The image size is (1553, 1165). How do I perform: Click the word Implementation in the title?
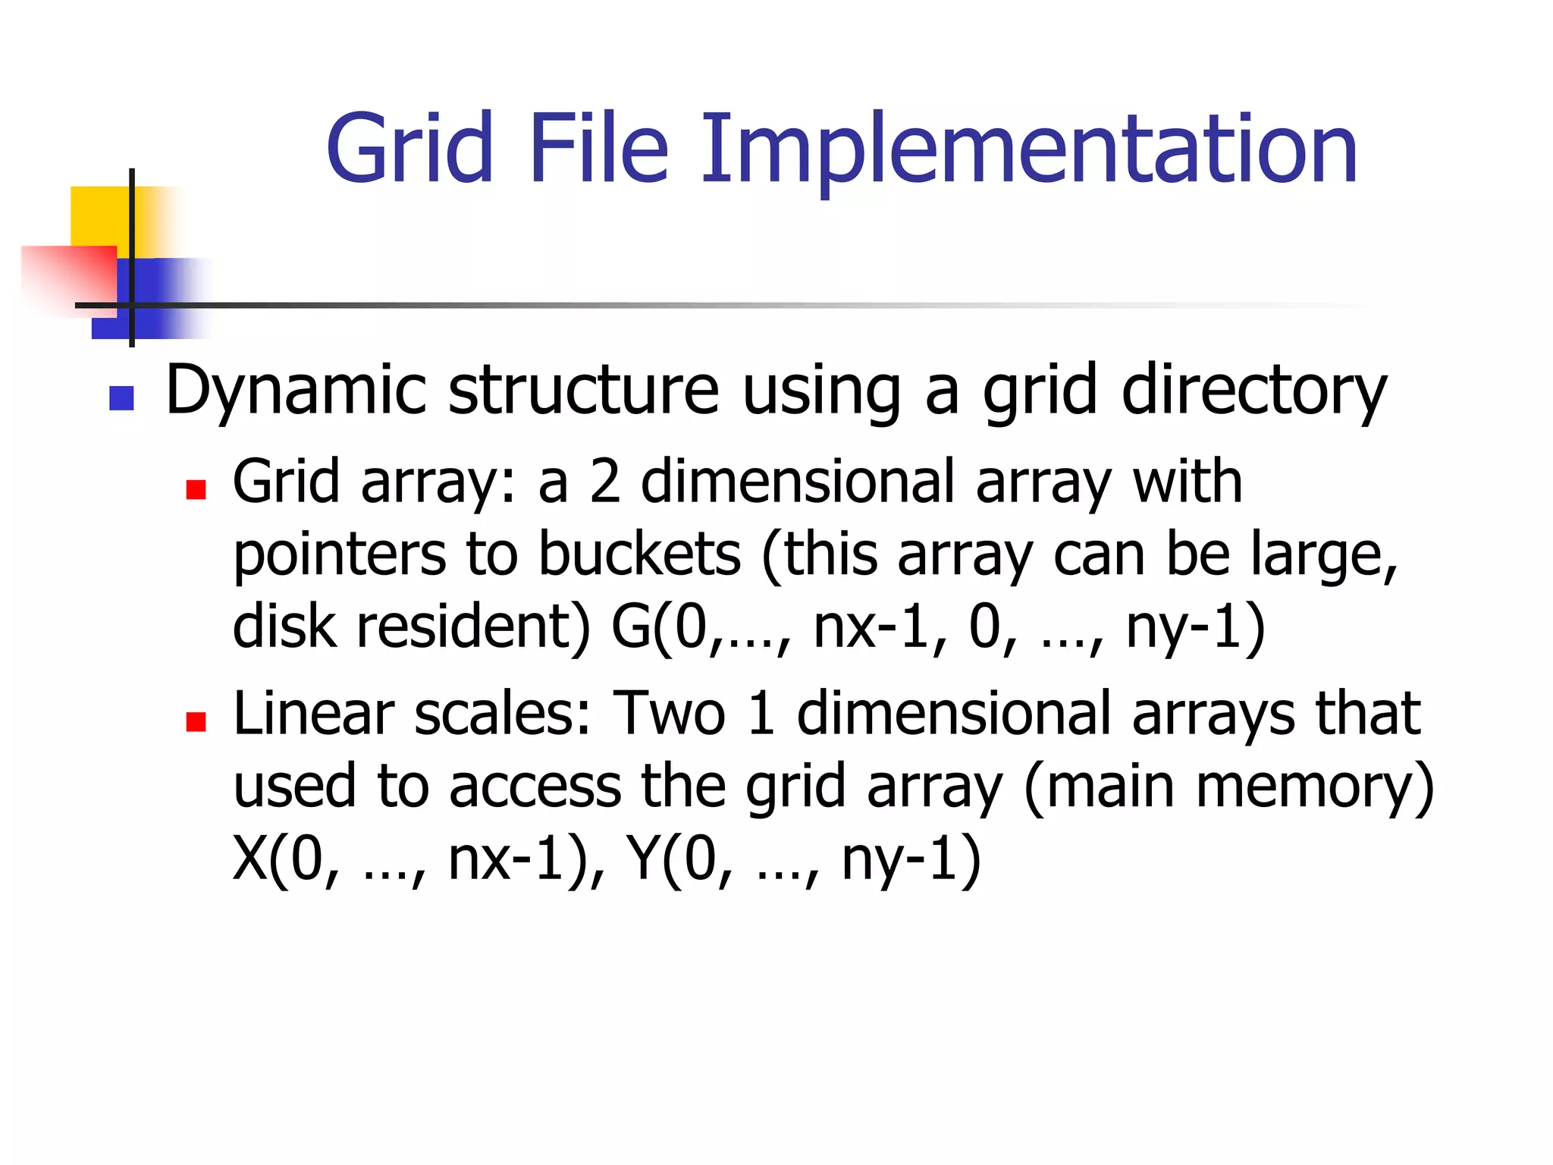click(1028, 150)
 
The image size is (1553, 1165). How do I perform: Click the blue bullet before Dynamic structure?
click(121, 398)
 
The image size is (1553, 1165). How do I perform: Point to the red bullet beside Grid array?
click(196, 489)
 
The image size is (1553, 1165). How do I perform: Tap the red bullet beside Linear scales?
click(196, 721)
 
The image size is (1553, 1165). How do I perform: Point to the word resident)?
click(473, 626)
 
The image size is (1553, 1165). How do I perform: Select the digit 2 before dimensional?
click(605, 482)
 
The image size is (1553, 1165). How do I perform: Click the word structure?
click(583, 391)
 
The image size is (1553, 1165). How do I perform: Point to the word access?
click(535, 787)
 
